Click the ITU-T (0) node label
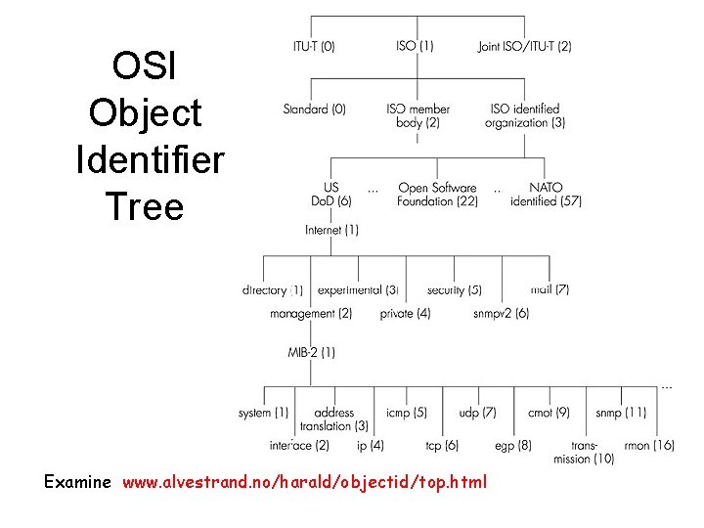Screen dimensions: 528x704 314,46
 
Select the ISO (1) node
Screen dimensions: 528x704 416,46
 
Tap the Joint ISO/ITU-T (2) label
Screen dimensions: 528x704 525,46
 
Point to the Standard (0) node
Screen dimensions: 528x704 314,110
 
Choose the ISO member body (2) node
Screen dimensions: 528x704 418,115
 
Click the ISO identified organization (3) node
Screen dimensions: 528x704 525,115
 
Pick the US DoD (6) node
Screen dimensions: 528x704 331,195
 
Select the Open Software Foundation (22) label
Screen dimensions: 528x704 437,195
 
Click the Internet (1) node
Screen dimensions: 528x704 331,230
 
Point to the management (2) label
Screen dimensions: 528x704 311,314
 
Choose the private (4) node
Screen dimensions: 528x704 405,314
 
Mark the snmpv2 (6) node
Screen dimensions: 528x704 501,314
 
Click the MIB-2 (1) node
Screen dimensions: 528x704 311,352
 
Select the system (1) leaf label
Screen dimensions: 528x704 263,414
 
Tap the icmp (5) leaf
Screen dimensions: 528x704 406,414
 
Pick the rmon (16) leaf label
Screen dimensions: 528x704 649,446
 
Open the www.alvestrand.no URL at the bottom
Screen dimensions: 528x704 303,482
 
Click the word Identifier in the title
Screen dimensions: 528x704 150,159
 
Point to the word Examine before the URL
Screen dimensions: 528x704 77,482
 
